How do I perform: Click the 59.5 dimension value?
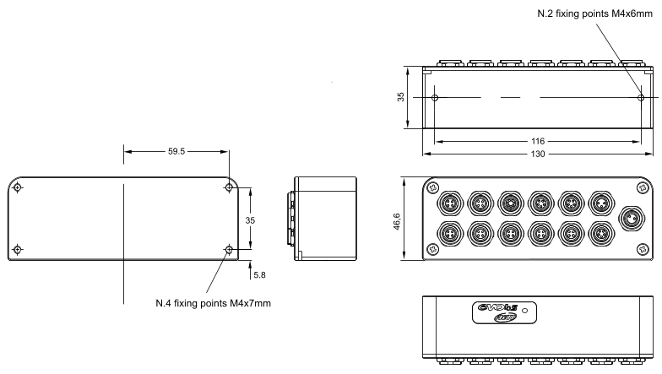[176, 153]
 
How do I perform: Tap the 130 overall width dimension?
[537, 154]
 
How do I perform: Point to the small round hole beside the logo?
[526, 312]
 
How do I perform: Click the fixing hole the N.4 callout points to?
[229, 250]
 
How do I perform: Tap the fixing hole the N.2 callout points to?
[640, 98]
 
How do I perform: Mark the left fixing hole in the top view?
[434, 98]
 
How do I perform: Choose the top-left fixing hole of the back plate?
[19, 187]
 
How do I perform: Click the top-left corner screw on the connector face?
[433, 187]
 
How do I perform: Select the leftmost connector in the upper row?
[448, 203]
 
